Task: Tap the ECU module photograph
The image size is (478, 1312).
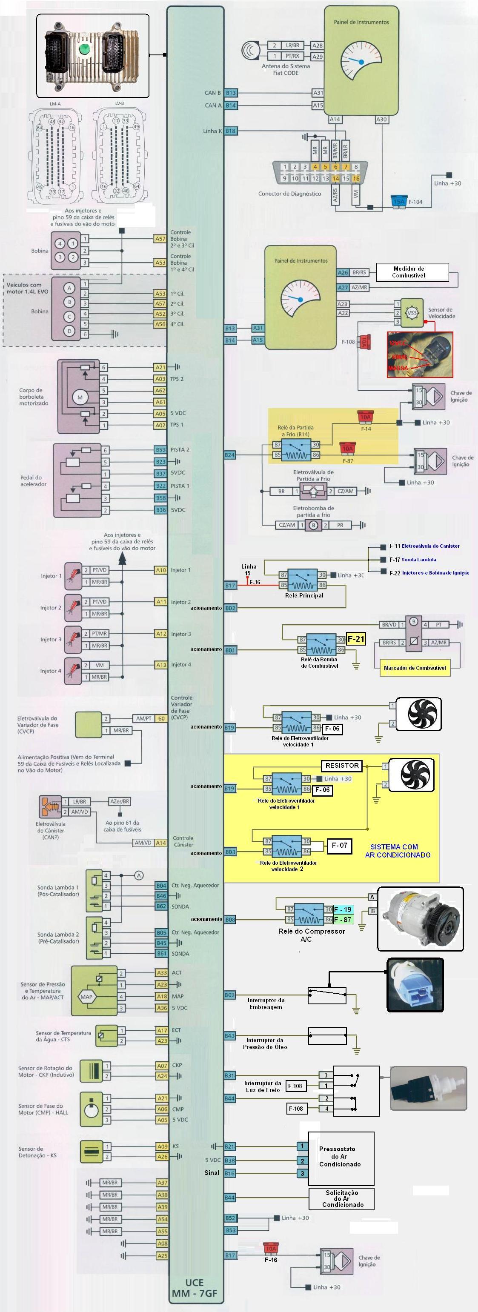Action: tap(92, 55)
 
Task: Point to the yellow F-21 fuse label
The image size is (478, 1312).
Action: tap(356, 639)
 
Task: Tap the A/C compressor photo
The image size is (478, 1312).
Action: tap(421, 919)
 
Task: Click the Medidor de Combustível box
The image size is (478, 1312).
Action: tap(412, 272)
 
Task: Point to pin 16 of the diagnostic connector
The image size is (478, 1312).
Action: tap(356, 179)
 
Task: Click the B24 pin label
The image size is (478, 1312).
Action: tap(230, 455)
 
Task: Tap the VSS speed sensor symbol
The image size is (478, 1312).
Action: tap(412, 312)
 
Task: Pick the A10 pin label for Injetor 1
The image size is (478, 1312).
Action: tap(160, 570)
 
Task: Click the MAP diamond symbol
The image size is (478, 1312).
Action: tap(86, 997)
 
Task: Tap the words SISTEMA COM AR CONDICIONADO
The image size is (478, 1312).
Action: tap(398, 851)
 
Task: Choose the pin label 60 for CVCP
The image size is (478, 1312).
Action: tap(161, 719)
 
